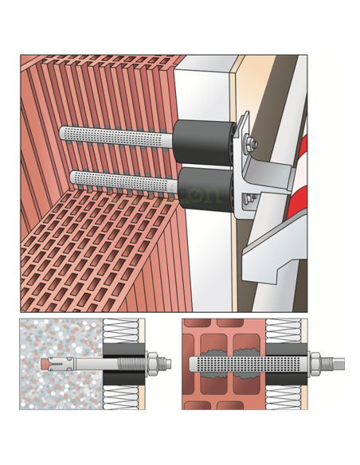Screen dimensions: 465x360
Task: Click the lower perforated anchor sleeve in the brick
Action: tap(119, 182)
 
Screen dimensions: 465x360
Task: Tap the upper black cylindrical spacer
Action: tap(201, 139)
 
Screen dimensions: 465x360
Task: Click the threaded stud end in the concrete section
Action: tap(168, 364)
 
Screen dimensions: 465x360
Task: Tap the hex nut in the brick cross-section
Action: tap(315, 365)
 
